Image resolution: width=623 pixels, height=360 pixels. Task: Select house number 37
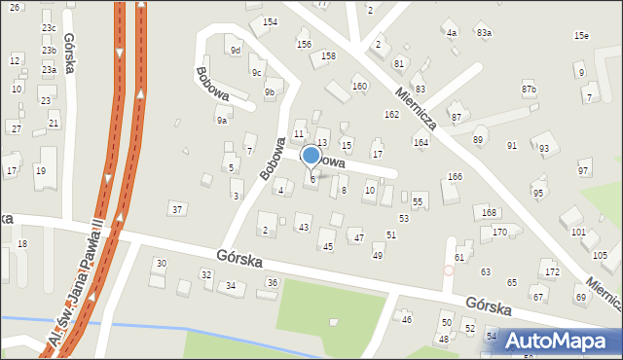point(176,209)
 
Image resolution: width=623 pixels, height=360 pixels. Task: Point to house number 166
point(455,176)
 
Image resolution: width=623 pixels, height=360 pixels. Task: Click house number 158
point(328,56)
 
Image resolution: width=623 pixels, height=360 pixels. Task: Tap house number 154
point(270,21)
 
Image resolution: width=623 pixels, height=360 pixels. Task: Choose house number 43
point(304,228)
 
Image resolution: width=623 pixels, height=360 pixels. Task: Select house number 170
point(499,232)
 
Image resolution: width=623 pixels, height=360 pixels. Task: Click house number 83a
point(484,33)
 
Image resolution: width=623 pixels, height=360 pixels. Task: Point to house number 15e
point(581,36)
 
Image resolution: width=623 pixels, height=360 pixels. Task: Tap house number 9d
point(235,50)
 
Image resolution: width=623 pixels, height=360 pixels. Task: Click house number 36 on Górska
point(273,282)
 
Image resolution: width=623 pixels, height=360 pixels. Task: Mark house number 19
point(40,171)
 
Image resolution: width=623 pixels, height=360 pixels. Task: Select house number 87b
point(529,90)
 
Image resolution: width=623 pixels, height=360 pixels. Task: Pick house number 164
point(421,143)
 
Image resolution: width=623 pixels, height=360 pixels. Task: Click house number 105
point(601,254)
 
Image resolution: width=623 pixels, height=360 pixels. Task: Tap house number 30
point(162,264)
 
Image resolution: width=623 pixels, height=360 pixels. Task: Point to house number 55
point(418,201)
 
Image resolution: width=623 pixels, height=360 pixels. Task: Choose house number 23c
point(49,28)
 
